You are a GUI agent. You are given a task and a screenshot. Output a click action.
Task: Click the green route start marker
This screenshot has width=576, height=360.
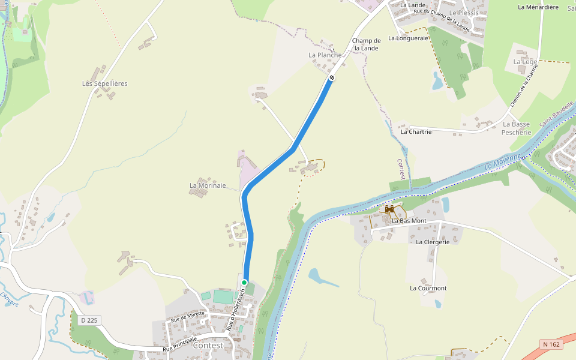[244, 282]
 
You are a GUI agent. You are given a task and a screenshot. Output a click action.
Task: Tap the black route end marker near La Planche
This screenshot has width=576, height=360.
[332, 77]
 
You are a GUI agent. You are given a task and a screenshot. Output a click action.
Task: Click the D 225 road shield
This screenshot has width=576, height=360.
[88, 320]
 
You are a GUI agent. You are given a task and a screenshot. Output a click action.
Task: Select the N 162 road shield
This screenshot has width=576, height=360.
[551, 344]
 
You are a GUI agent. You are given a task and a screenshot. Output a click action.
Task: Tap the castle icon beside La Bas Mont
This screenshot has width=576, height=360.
[389, 209]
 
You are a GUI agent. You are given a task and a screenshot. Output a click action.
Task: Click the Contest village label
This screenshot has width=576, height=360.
[208, 346]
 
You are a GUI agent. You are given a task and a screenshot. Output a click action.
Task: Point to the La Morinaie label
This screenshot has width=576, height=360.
[208, 185]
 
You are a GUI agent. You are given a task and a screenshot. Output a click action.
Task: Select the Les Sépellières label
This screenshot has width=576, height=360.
[105, 83]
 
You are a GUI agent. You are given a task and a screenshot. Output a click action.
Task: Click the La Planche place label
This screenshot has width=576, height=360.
[325, 55]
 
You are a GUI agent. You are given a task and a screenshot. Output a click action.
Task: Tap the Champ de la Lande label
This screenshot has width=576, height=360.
[366, 44]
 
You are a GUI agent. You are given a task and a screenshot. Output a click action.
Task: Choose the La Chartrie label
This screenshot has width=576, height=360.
[416, 131]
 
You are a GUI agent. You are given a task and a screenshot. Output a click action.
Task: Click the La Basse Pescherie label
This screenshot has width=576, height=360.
[516, 128]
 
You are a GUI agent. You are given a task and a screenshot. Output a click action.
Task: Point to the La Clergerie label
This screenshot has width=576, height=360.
[433, 242]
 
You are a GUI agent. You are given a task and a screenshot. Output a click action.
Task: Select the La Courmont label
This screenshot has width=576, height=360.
[428, 288]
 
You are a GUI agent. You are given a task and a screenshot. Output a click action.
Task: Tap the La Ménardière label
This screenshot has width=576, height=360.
[538, 7]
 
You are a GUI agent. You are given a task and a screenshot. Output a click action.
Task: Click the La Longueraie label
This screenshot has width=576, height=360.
[409, 38]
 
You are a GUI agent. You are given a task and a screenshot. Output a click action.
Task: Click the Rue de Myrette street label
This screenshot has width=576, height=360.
[187, 317]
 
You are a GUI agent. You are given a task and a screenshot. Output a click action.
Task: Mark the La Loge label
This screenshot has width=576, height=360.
[525, 62]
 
